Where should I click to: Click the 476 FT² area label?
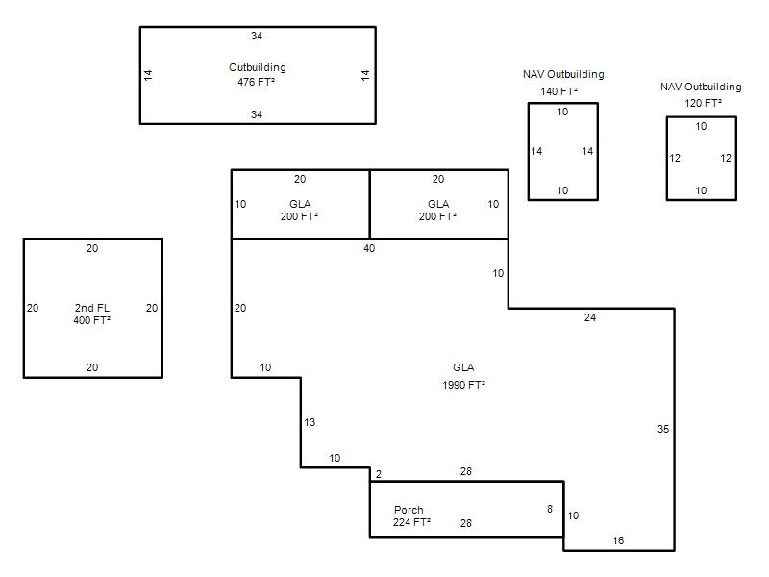pyautogui.click(x=256, y=82)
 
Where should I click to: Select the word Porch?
pyautogui.click(x=409, y=510)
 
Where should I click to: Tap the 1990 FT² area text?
pyautogui.click(x=463, y=385)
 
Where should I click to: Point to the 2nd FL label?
pyautogui.click(x=91, y=308)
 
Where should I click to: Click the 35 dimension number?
pyautogui.click(x=663, y=429)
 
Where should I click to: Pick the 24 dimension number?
pyautogui.click(x=590, y=317)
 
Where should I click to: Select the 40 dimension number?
pyautogui.click(x=369, y=248)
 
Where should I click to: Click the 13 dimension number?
pyautogui.click(x=310, y=422)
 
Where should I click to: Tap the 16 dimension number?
pyautogui.click(x=618, y=540)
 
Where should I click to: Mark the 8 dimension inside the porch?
pyautogui.click(x=550, y=509)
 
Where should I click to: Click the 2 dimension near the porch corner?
pyautogui.click(x=378, y=474)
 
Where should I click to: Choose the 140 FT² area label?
pyautogui.click(x=558, y=91)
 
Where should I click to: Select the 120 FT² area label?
pyautogui.click(x=703, y=103)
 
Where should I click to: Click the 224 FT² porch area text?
pyautogui.click(x=411, y=522)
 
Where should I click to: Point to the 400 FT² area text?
pyautogui.click(x=91, y=320)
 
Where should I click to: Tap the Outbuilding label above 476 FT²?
pyautogui.click(x=258, y=67)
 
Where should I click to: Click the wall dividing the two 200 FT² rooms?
pyautogui.click(x=369, y=204)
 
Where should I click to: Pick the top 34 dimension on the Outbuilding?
pyautogui.click(x=257, y=36)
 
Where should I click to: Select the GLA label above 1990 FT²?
pyautogui.click(x=463, y=367)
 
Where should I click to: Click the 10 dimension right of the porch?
pyautogui.click(x=573, y=515)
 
